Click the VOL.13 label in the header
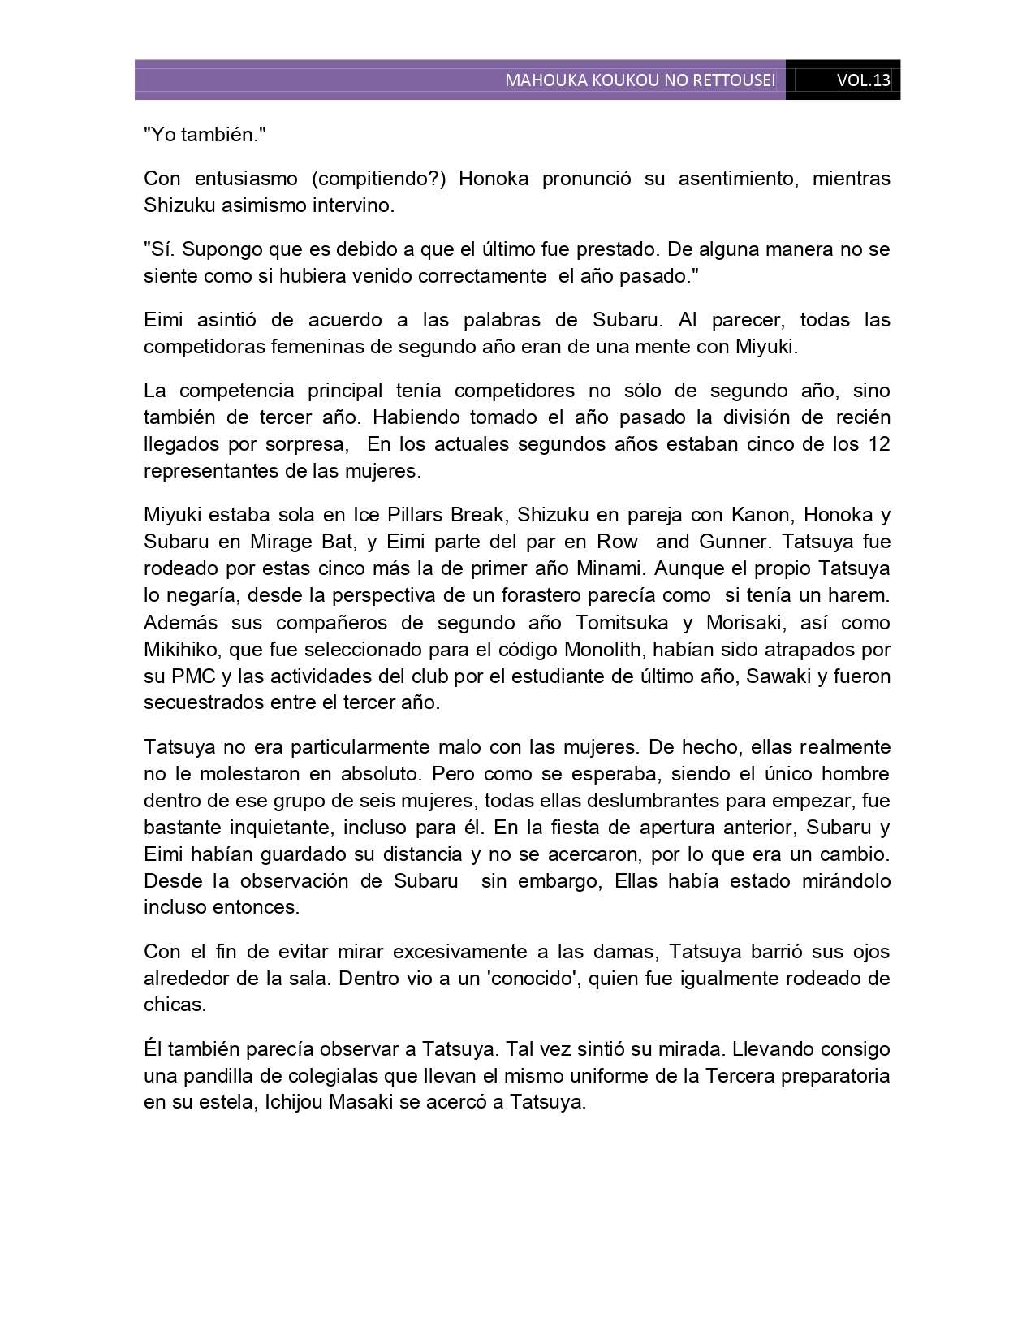pyautogui.click(x=864, y=80)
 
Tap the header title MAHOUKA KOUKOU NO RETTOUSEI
pyautogui.click(x=640, y=80)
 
